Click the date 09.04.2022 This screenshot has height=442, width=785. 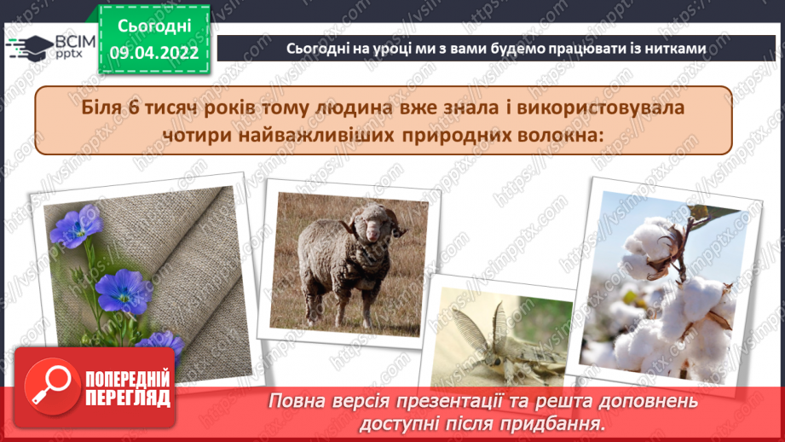[154, 53]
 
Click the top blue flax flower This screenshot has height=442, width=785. [75, 228]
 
